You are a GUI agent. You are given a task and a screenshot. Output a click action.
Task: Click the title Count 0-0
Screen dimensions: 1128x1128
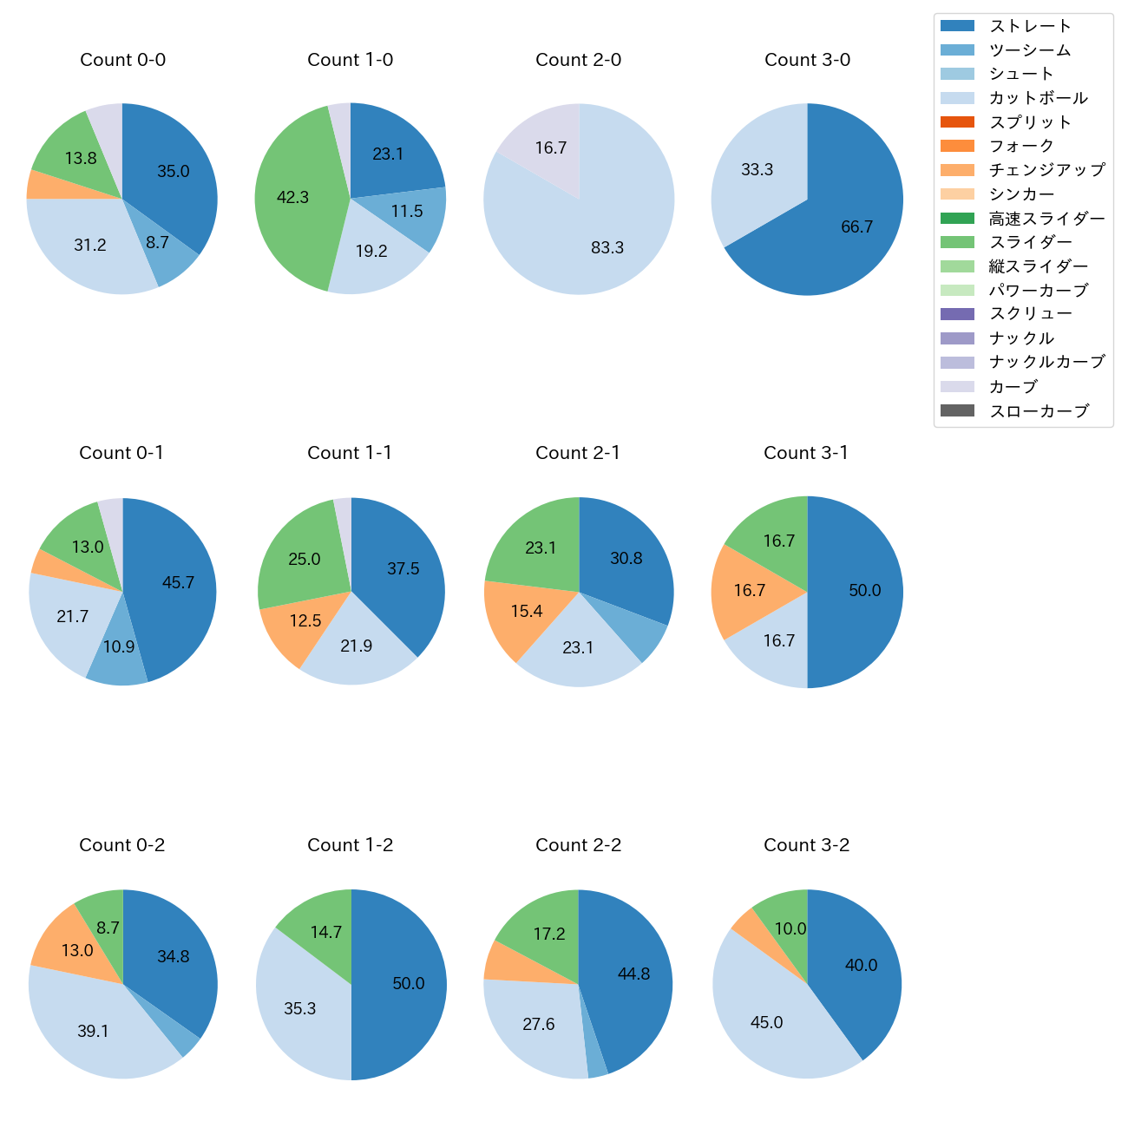point(122,60)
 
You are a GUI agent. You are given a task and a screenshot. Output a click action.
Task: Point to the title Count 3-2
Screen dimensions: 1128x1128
point(806,845)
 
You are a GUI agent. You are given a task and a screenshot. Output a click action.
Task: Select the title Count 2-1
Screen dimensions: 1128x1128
point(578,453)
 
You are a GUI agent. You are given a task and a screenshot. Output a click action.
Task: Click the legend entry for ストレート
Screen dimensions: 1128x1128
point(1030,26)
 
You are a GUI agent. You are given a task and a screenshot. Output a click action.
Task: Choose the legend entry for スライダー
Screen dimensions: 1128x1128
point(1030,242)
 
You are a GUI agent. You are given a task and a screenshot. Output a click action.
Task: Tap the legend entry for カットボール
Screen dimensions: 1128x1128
point(1038,98)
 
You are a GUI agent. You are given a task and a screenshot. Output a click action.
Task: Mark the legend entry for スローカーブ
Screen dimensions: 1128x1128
point(1039,411)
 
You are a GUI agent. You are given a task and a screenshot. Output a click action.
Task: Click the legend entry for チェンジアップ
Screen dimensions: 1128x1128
point(1046,170)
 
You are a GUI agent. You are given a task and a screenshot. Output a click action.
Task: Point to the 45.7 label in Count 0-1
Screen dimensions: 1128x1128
point(178,583)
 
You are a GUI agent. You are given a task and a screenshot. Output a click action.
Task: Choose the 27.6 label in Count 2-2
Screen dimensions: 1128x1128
point(538,1025)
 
